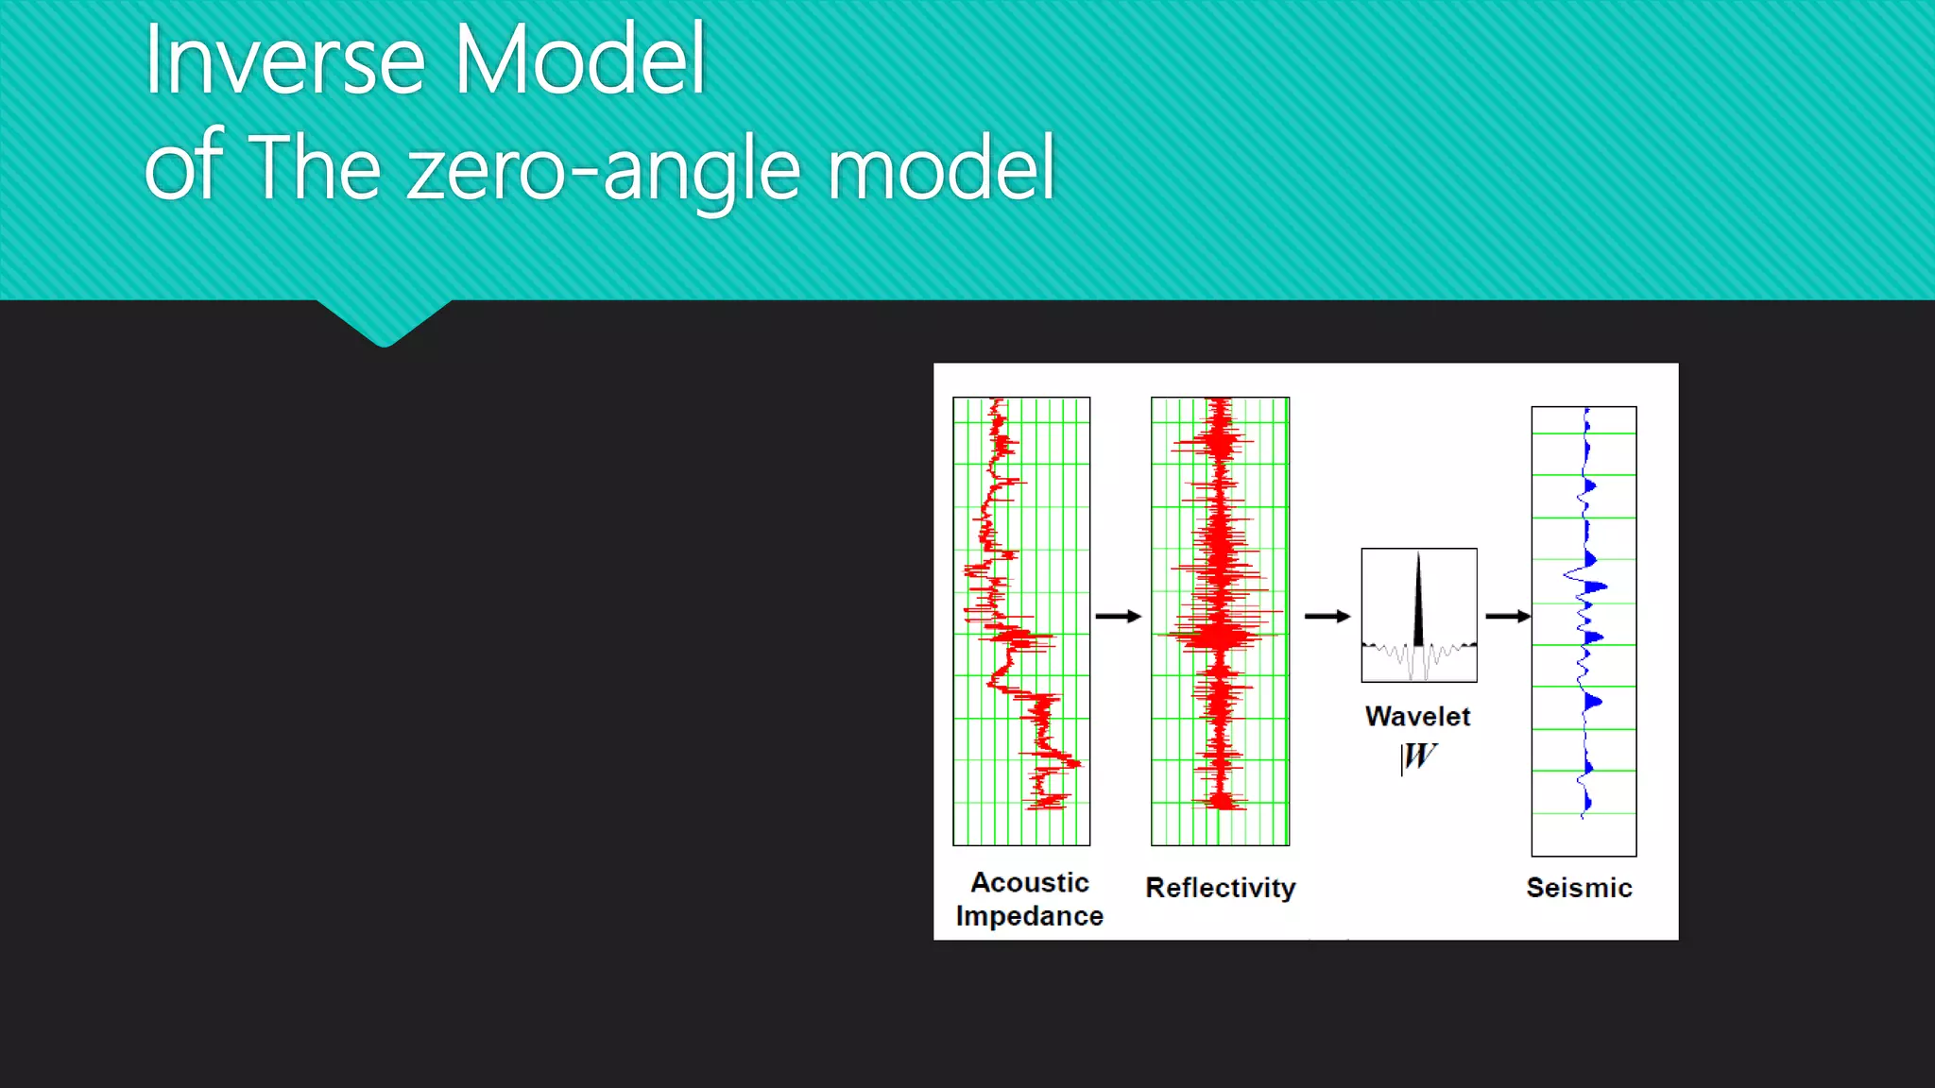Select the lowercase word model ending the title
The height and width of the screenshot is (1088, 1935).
[x=941, y=168]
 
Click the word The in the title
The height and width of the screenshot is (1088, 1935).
[x=314, y=168]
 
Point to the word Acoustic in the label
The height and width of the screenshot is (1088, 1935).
[x=1030, y=882]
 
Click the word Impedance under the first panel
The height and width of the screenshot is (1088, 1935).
[x=1029, y=916]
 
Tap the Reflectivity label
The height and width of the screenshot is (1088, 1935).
[x=1220, y=888]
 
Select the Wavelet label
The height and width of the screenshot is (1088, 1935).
[x=1417, y=717]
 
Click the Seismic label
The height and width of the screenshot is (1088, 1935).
[x=1579, y=888]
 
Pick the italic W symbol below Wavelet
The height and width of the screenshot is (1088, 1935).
[x=1419, y=756]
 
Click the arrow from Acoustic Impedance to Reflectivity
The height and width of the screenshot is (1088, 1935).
[x=1119, y=616]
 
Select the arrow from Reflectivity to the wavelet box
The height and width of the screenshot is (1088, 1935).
[x=1327, y=616]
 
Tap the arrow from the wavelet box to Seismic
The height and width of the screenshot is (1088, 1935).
[x=1507, y=616]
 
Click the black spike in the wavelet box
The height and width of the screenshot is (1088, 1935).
[x=1418, y=604]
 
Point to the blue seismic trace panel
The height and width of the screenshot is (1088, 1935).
[x=1584, y=631]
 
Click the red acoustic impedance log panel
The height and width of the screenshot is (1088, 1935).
[x=1021, y=620]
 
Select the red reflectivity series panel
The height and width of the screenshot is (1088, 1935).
[x=1220, y=620]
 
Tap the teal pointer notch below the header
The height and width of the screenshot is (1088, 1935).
[x=385, y=324]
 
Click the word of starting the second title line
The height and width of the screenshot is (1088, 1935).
[x=183, y=168]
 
